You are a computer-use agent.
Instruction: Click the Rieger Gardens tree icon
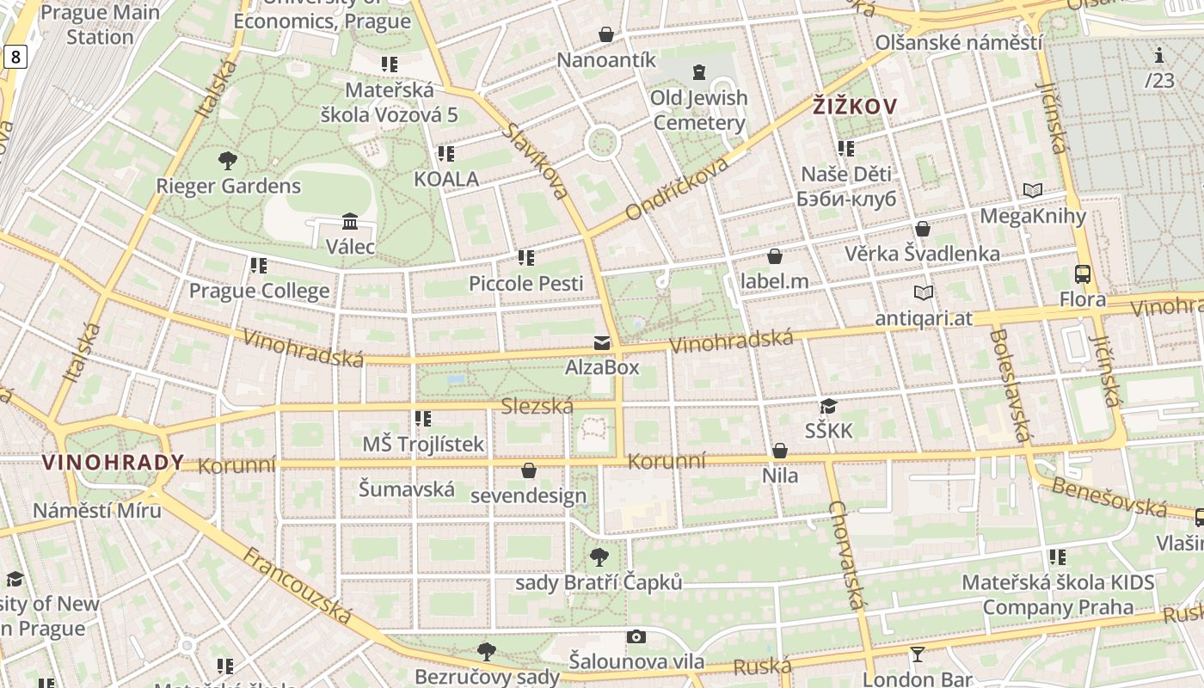pyautogui.click(x=228, y=160)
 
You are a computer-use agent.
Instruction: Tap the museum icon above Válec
pyautogui.click(x=350, y=221)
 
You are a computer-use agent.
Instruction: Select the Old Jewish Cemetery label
pyautogui.click(x=698, y=110)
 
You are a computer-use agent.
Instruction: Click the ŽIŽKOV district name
pyautogui.click(x=855, y=107)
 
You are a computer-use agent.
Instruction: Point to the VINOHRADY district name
pyautogui.click(x=114, y=463)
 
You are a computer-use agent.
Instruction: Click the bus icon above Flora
pyautogui.click(x=1083, y=274)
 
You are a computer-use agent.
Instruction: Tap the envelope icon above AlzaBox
pyautogui.click(x=602, y=343)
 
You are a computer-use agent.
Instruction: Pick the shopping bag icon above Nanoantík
pyautogui.click(x=606, y=34)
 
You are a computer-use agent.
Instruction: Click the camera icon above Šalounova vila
pyautogui.click(x=636, y=636)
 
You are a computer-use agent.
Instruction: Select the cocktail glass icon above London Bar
pyautogui.click(x=918, y=654)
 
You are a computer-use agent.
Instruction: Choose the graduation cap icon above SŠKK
pyautogui.click(x=828, y=406)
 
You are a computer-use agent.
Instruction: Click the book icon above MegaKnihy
pyautogui.click(x=1033, y=190)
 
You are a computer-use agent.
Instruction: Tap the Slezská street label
pyautogui.click(x=537, y=406)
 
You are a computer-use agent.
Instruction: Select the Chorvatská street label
pyautogui.click(x=845, y=555)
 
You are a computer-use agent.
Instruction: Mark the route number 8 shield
pyautogui.click(x=15, y=57)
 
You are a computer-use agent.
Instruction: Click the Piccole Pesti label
pyautogui.click(x=525, y=283)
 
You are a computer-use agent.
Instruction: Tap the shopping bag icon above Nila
pyautogui.click(x=780, y=451)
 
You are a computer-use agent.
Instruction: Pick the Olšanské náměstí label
pyautogui.click(x=958, y=42)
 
